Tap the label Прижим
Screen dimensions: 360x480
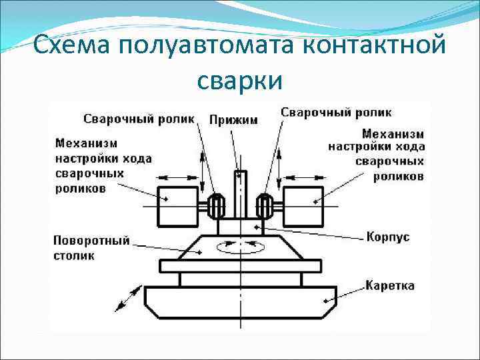[x=233, y=120]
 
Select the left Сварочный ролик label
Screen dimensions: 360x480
[x=139, y=119]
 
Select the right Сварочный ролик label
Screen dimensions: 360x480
[x=336, y=112]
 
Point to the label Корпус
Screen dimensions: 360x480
[x=388, y=237]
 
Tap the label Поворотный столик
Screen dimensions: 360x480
[x=92, y=247]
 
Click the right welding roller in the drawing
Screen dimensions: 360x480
[x=263, y=206]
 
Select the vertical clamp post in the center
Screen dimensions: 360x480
[x=240, y=193]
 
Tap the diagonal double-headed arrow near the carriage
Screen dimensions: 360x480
[x=128, y=298]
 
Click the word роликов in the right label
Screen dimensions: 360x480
[x=399, y=177]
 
